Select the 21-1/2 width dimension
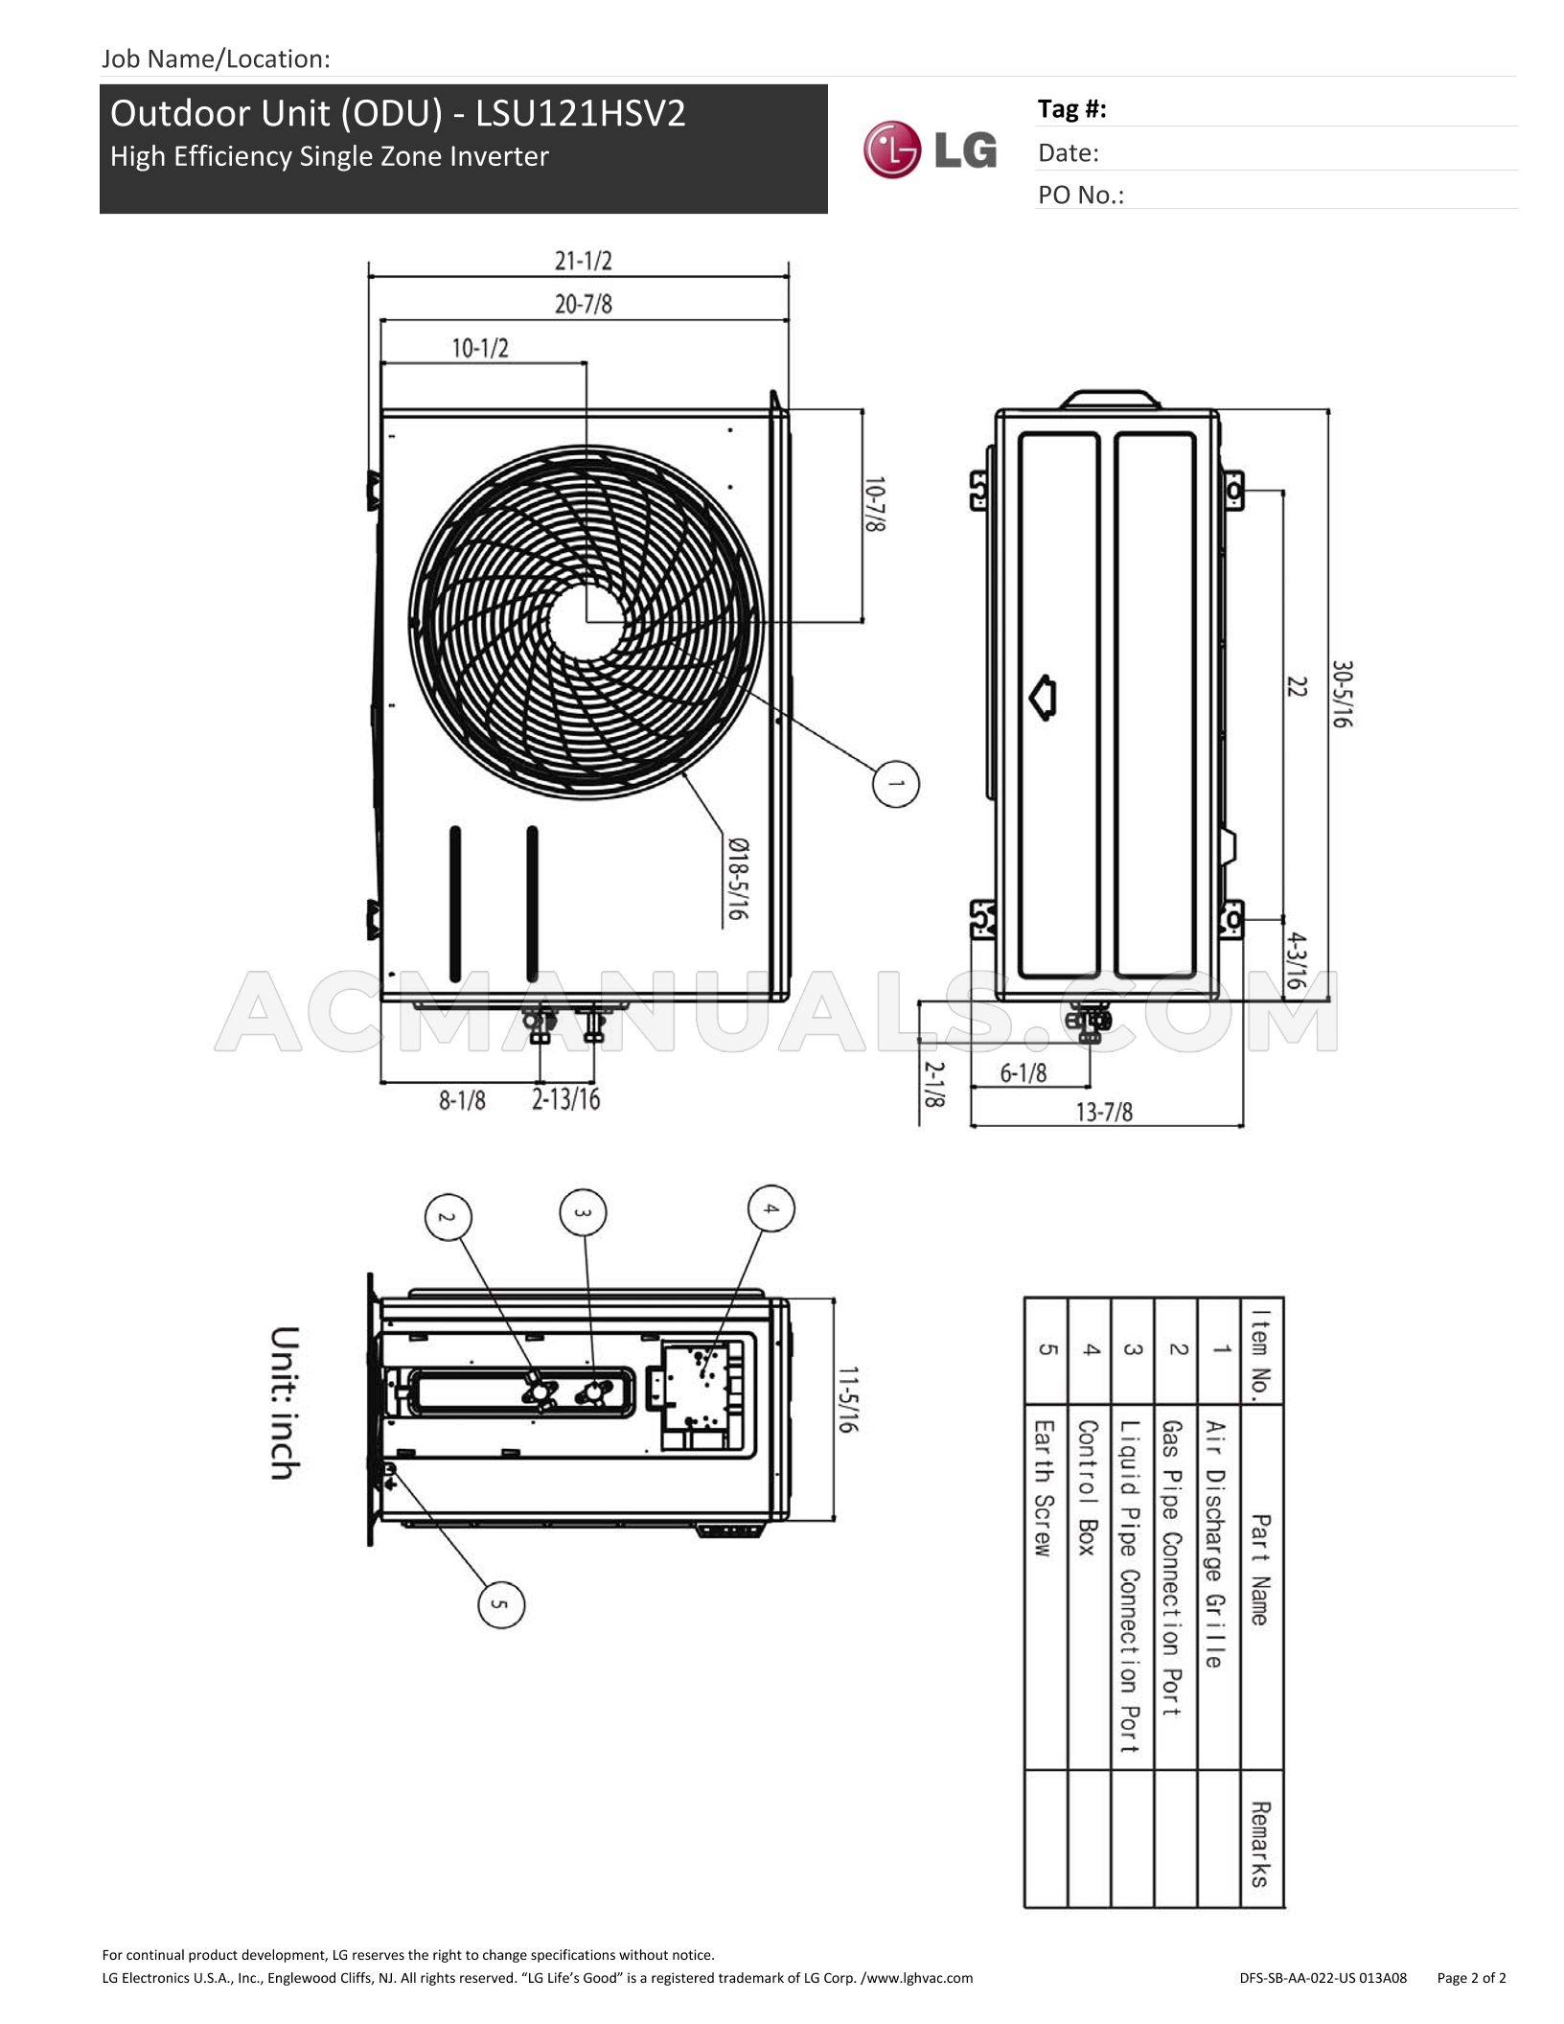coord(583,261)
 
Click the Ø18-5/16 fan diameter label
coord(737,879)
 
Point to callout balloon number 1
coord(896,784)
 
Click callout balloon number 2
coord(448,1217)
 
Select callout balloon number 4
coord(771,1208)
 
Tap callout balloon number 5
coord(501,1603)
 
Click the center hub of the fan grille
coord(586,621)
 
